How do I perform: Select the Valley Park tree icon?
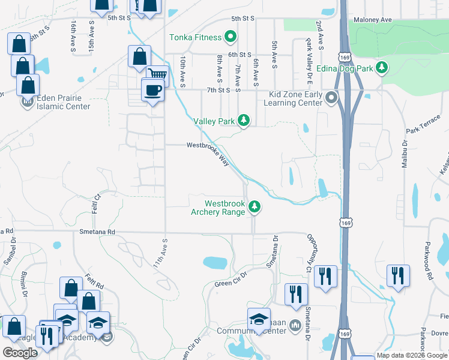(243, 121)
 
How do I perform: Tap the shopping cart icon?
(157, 75)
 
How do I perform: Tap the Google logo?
(20, 353)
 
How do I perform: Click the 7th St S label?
(218, 90)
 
